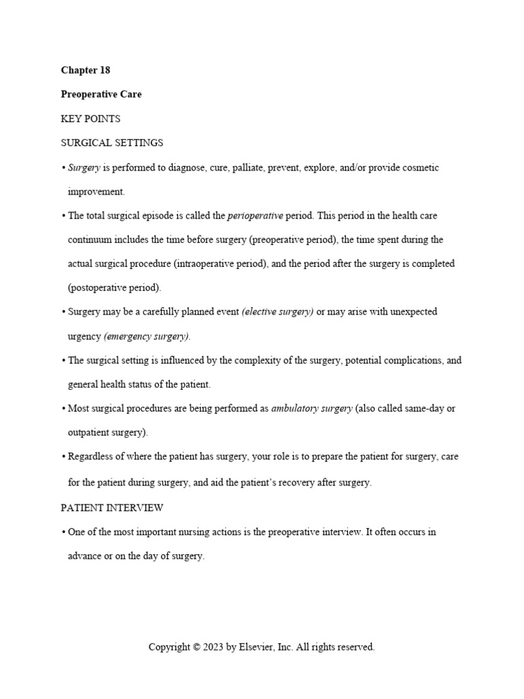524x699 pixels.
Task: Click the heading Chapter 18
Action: click(x=85, y=70)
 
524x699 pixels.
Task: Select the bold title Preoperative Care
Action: click(x=101, y=94)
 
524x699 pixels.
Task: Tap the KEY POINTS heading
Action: click(x=90, y=119)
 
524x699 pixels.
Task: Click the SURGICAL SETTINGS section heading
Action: click(x=112, y=143)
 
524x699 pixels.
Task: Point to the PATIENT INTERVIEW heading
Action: click(x=112, y=508)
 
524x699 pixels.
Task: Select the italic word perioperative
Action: click(x=255, y=216)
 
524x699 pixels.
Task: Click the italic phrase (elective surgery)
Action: click(x=278, y=312)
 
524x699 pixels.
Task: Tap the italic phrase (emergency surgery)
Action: click(x=147, y=337)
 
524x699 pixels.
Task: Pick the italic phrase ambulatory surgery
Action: click(x=312, y=409)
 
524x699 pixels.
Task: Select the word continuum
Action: click(x=90, y=240)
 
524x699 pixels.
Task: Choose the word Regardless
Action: click(x=92, y=457)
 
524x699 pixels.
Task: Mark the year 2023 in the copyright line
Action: click(x=214, y=647)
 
